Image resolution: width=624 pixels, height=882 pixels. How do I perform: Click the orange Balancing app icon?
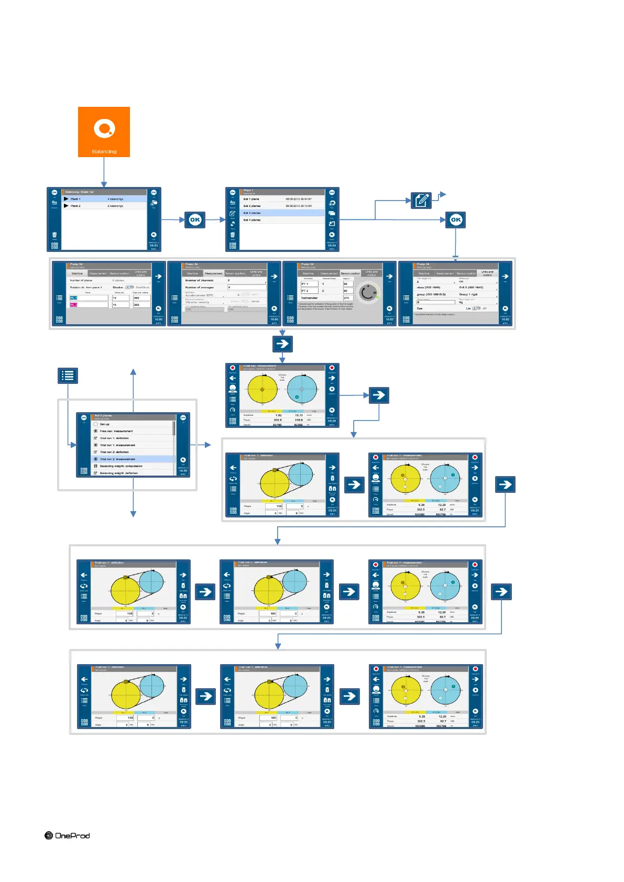pyautogui.click(x=104, y=131)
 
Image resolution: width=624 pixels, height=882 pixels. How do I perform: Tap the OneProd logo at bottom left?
pyautogui.click(x=67, y=835)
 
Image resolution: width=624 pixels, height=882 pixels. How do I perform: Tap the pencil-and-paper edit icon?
pyautogui.click(x=421, y=200)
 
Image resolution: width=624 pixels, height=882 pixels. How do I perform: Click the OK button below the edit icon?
pyautogui.click(x=456, y=220)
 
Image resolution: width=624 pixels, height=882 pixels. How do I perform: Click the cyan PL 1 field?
pyautogui.click(x=74, y=298)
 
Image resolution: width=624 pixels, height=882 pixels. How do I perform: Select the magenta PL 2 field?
pyautogui.click(x=74, y=305)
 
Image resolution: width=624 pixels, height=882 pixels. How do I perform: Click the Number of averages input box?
pyautogui.click(x=246, y=288)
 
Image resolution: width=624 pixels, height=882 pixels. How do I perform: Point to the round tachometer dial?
pyautogui.click(x=368, y=293)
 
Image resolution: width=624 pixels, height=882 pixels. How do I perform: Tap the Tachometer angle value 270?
pyautogui.click(x=348, y=298)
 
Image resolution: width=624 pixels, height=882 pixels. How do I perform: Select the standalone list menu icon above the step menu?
pyautogui.click(x=68, y=375)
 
